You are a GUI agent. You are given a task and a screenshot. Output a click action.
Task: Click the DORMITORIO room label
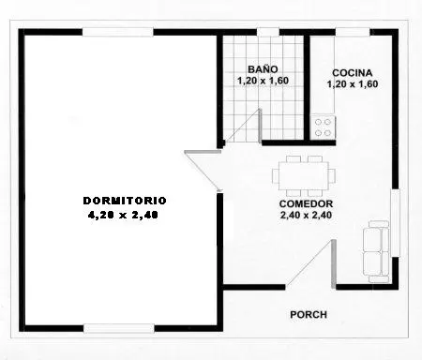[x=125, y=201]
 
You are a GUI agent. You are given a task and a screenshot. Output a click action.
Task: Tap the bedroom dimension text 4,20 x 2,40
[x=123, y=215]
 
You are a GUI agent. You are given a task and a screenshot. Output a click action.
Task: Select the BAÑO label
[x=263, y=69]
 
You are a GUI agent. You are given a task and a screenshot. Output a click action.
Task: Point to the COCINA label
[x=353, y=73]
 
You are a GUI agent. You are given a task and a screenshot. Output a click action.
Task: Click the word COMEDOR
[x=306, y=203]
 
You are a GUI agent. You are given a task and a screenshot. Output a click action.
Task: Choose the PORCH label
[x=309, y=315]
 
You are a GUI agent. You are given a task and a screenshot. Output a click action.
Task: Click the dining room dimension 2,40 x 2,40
[x=307, y=215]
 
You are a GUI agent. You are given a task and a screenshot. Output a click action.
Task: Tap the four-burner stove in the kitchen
[x=323, y=127]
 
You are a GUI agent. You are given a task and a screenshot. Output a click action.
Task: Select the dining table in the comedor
[x=304, y=176]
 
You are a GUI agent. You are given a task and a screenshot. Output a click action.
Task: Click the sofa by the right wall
[x=376, y=251]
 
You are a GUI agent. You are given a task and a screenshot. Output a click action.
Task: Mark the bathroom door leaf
[x=260, y=126]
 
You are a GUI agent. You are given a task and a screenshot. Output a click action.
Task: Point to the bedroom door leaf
[x=203, y=152]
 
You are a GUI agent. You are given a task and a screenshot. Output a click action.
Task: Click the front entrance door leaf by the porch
[x=334, y=263]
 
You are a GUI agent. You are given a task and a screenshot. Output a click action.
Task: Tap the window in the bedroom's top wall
[x=118, y=32]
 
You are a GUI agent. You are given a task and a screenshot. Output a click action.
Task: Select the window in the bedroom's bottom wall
[x=119, y=328]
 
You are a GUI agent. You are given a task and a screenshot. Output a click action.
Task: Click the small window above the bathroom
[x=268, y=32]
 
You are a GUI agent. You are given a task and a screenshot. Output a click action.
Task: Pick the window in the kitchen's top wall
[x=353, y=32]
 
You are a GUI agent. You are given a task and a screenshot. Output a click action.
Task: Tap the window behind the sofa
[x=396, y=223]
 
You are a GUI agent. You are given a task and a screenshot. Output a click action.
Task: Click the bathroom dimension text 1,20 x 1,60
[x=263, y=81]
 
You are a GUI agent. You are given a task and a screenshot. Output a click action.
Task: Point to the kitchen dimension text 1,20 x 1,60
[x=353, y=84]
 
